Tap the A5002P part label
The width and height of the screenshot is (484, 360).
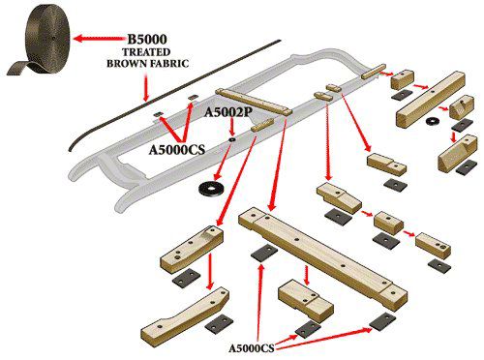[x=228, y=113]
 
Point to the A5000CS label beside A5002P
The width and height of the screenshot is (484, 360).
[x=177, y=150]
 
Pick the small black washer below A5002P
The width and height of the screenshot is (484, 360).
[x=232, y=141]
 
